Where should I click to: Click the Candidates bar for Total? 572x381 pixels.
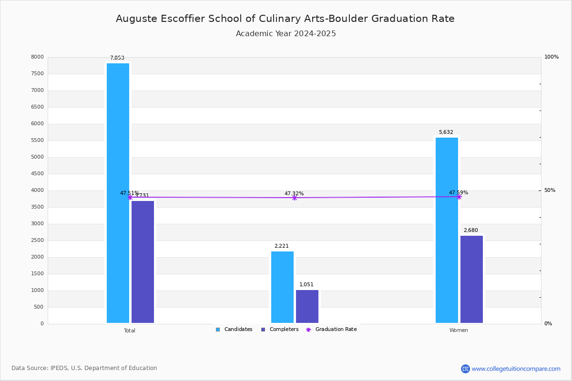click(x=118, y=193)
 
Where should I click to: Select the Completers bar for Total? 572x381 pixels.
click(x=143, y=262)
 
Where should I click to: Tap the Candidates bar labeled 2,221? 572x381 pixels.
click(x=282, y=287)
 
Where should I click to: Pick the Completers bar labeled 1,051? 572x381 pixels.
click(x=307, y=306)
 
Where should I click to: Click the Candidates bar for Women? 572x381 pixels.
click(x=447, y=230)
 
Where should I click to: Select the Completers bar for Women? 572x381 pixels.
click(x=471, y=279)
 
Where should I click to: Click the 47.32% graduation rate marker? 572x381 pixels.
click(x=294, y=198)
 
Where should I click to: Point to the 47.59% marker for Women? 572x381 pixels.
click(x=459, y=197)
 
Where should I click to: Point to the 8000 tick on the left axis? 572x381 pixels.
click(x=38, y=57)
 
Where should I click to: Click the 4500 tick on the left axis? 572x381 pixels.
click(x=38, y=174)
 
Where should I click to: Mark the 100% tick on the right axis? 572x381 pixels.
click(x=552, y=57)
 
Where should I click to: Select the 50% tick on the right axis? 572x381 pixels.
click(x=550, y=190)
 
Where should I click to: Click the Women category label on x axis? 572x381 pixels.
click(x=459, y=331)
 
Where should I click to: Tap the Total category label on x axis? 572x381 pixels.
click(x=130, y=331)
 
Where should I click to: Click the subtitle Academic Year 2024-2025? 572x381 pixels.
click(x=286, y=34)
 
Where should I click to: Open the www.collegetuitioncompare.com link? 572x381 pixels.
click(x=516, y=369)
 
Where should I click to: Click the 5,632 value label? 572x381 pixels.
click(x=446, y=132)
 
